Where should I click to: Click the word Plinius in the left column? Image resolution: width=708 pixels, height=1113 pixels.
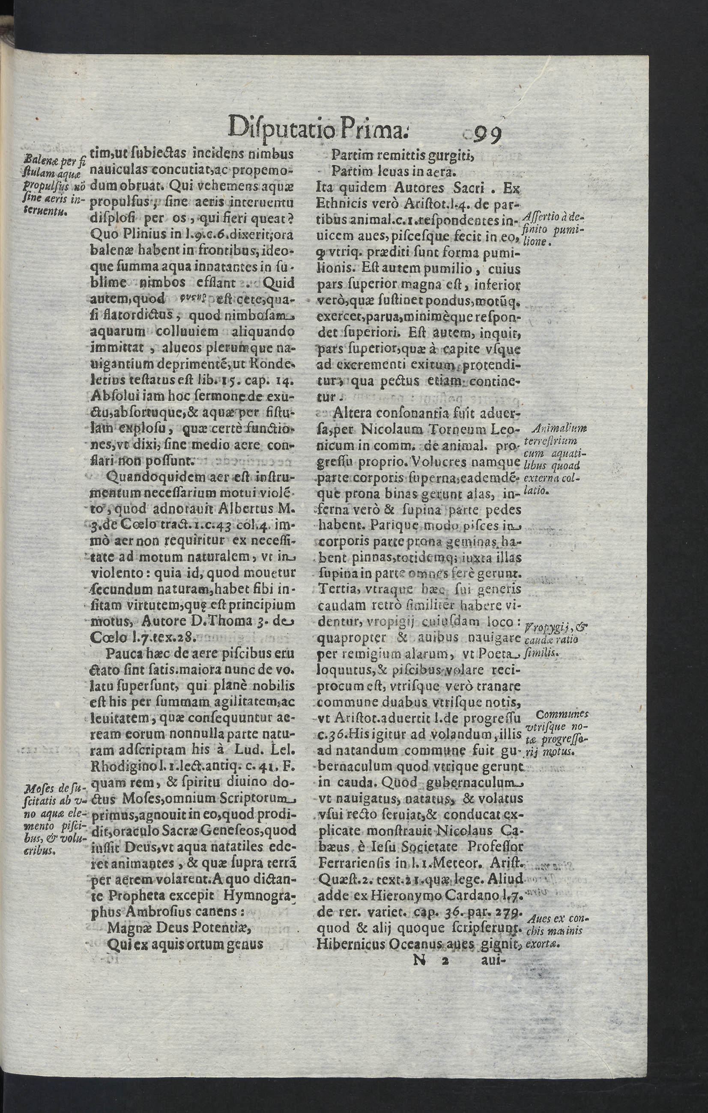click(x=146, y=234)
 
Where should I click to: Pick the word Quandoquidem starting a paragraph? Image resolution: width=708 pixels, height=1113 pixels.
click(x=152, y=476)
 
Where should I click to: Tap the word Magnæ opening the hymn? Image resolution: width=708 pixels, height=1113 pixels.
click(x=131, y=1066)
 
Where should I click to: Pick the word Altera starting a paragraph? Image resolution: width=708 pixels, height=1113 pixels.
click(x=350, y=412)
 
